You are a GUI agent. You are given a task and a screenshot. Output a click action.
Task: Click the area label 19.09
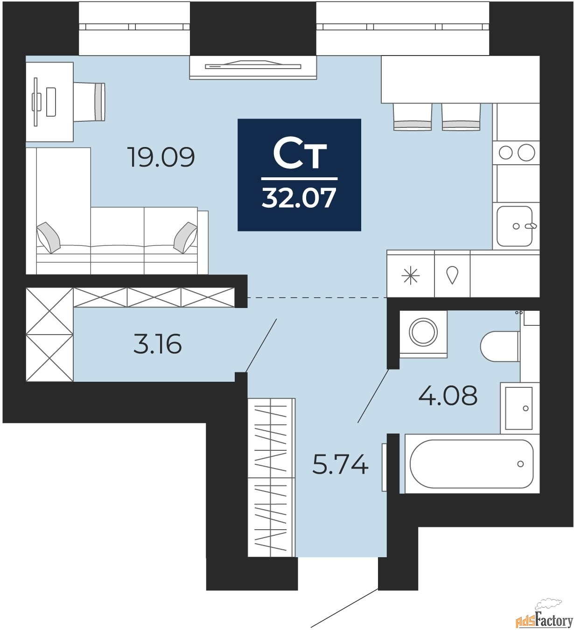pyautogui.click(x=161, y=157)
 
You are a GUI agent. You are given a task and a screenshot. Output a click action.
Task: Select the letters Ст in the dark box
pyautogui.click(x=300, y=153)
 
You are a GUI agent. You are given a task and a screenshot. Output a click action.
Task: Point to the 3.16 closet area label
pyautogui.click(x=158, y=344)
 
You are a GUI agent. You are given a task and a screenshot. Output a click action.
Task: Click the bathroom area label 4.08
pyautogui.click(x=448, y=396)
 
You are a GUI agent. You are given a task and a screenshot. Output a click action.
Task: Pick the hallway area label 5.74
pyautogui.click(x=340, y=464)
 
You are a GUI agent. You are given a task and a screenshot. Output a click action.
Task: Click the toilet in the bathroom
pyautogui.click(x=500, y=346)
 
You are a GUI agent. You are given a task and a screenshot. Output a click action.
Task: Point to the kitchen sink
pyautogui.click(x=515, y=226)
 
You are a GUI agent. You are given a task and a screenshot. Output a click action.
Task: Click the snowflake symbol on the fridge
pyautogui.click(x=410, y=275)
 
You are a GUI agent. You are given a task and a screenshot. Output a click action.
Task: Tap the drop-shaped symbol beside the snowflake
pyautogui.click(x=452, y=275)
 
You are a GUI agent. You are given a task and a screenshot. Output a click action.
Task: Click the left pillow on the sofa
pyautogui.click(x=48, y=238)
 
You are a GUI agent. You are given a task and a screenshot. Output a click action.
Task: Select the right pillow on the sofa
pyautogui.click(x=186, y=238)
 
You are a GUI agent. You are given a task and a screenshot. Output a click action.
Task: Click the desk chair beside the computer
pyautogui.click(x=89, y=102)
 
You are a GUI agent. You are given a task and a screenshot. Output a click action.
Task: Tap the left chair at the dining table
pyautogui.click(x=413, y=117)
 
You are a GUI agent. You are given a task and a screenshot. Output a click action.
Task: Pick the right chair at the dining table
pyautogui.click(x=461, y=117)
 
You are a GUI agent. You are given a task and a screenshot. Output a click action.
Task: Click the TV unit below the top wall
pyautogui.click(x=253, y=67)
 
